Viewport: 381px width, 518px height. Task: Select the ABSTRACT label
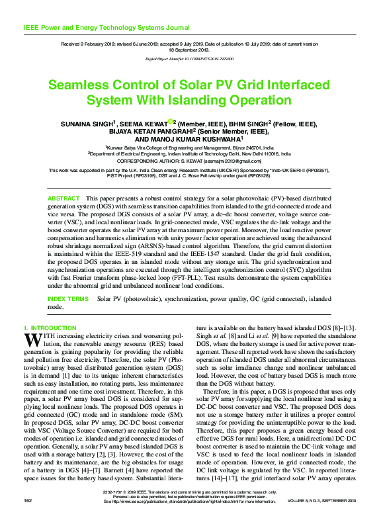(x=63, y=198)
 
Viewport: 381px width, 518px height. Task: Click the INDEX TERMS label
(x=67, y=299)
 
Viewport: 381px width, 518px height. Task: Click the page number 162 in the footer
(x=28, y=500)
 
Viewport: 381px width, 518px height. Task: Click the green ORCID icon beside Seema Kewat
(x=170, y=121)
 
